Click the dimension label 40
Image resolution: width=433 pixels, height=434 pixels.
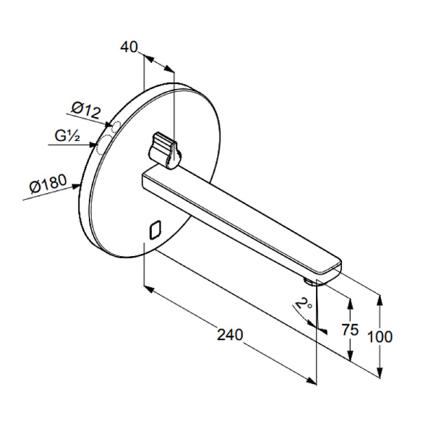pos(129,47)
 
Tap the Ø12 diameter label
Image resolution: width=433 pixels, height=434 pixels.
pos(86,110)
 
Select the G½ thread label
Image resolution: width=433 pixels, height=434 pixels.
pos(67,136)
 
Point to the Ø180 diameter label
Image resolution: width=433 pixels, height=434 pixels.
pos(48,183)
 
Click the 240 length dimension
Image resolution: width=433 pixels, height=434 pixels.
pos(230,334)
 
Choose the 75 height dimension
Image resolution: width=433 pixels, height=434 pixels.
pos(350,329)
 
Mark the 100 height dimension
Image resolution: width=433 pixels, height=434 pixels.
pos(380,336)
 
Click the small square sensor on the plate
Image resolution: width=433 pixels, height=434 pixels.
pos(155,229)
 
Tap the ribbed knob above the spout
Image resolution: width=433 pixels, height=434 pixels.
pos(164,150)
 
